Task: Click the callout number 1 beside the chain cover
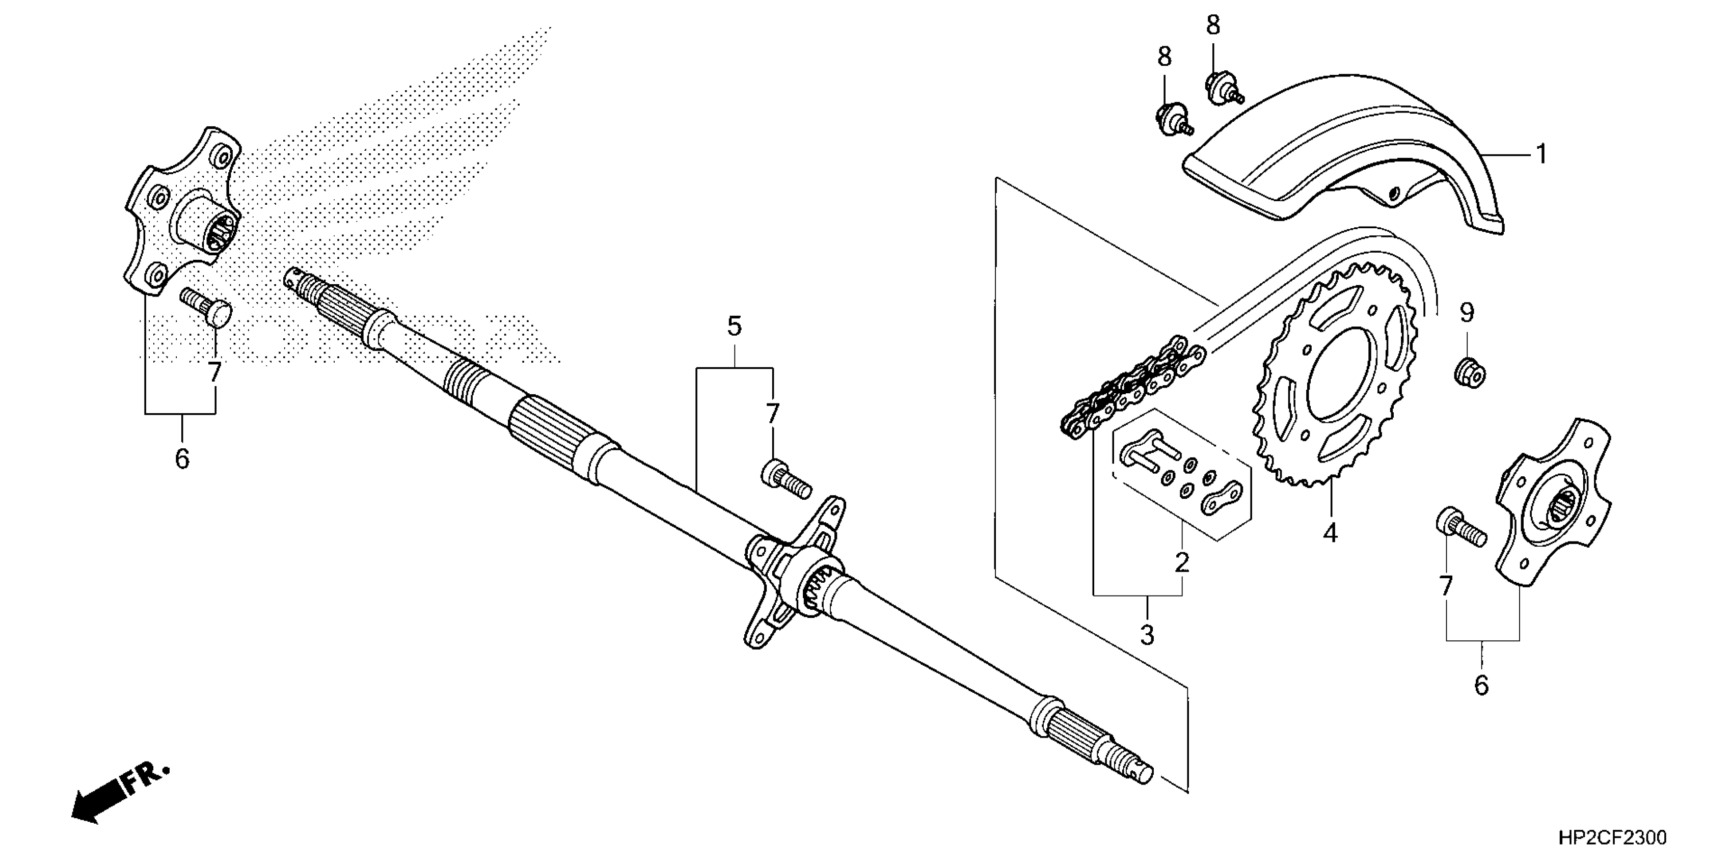click(1541, 155)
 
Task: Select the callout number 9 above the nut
click(1467, 313)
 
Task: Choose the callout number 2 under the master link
click(1182, 562)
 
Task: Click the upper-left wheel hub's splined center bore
click(222, 231)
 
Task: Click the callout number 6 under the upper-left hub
click(181, 458)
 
